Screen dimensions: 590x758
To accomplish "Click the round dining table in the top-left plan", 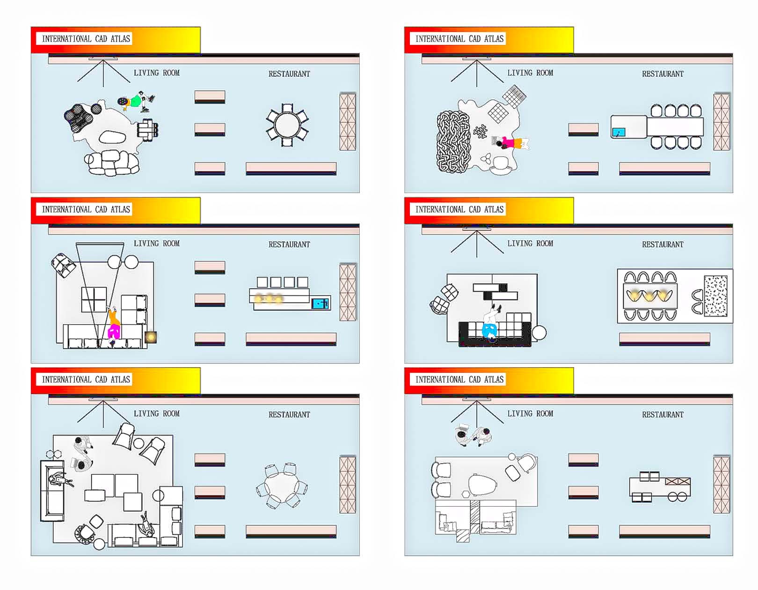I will tap(287, 125).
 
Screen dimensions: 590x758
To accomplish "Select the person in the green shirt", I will tap(136, 101).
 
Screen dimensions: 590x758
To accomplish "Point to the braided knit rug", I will tap(452, 142).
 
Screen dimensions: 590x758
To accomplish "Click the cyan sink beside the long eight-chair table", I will tap(619, 133).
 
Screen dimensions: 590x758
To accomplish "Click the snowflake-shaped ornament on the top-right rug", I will tap(480, 132).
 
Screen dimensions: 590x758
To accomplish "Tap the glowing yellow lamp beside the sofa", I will tap(151, 337).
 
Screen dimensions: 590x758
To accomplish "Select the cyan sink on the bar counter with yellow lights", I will tap(321, 303).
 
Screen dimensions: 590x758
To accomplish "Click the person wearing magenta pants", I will tap(114, 332).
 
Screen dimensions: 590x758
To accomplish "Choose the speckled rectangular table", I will tap(715, 296).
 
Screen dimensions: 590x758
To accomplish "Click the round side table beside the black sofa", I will tap(539, 332).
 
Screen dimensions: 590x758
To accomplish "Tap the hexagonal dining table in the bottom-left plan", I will tap(282, 486).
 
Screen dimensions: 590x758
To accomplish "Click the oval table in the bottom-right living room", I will tap(482, 485).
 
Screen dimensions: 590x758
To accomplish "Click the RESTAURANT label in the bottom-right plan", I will tap(663, 414).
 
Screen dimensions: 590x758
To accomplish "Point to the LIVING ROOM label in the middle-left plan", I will tap(156, 243).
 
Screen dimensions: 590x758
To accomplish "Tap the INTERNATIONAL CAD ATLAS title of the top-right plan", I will tap(459, 39).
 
